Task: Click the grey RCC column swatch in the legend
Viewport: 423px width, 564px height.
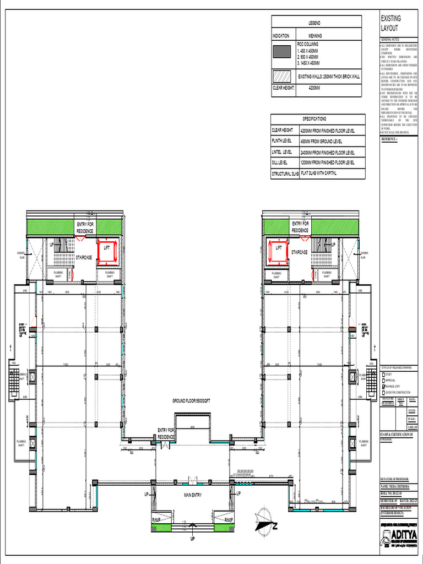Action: [x=282, y=52]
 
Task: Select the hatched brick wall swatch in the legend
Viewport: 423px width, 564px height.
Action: [x=282, y=77]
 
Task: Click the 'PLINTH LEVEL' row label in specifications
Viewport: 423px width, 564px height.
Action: [x=283, y=142]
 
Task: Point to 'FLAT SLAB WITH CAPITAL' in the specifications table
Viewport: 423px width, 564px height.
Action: [x=326, y=173]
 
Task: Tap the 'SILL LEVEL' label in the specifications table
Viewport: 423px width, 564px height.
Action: [x=280, y=163]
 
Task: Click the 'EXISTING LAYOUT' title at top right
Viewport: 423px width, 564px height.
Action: [x=391, y=23]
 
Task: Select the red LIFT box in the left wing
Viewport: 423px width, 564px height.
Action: [x=107, y=251]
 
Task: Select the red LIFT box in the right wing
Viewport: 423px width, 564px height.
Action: [x=278, y=251]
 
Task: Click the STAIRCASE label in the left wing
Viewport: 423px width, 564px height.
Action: [x=84, y=257]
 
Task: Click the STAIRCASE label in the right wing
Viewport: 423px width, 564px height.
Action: [x=299, y=252]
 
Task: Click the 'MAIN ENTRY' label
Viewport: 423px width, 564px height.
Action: [x=192, y=495]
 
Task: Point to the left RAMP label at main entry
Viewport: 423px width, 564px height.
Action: [x=156, y=519]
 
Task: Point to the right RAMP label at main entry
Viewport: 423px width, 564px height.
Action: [x=229, y=519]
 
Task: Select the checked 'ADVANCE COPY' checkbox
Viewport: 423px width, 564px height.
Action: [x=383, y=386]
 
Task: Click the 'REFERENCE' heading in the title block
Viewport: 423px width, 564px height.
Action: [x=389, y=139]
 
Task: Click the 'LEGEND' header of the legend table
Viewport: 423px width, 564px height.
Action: [x=314, y=23]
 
